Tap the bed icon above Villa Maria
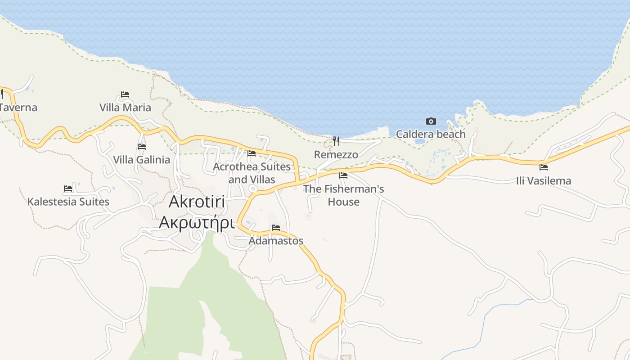(125, 94)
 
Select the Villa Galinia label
(141, 160)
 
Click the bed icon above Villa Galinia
(142, 146)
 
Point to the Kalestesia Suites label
(68, 202)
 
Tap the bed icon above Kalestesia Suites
(68, 188)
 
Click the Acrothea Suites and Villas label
(252, 173)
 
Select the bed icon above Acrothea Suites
(252, 153)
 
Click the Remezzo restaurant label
(336, 155)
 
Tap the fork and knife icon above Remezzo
(336, 141)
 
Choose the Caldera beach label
(431, 134)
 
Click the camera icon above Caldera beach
(431, 121)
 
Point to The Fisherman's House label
(343, 195)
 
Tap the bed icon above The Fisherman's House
(343, 175)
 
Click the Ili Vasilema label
(544, 181)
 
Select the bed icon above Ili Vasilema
(544, 167)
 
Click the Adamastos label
(276, 241)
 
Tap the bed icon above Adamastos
(276, 228)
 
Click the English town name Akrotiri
(197, 202)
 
